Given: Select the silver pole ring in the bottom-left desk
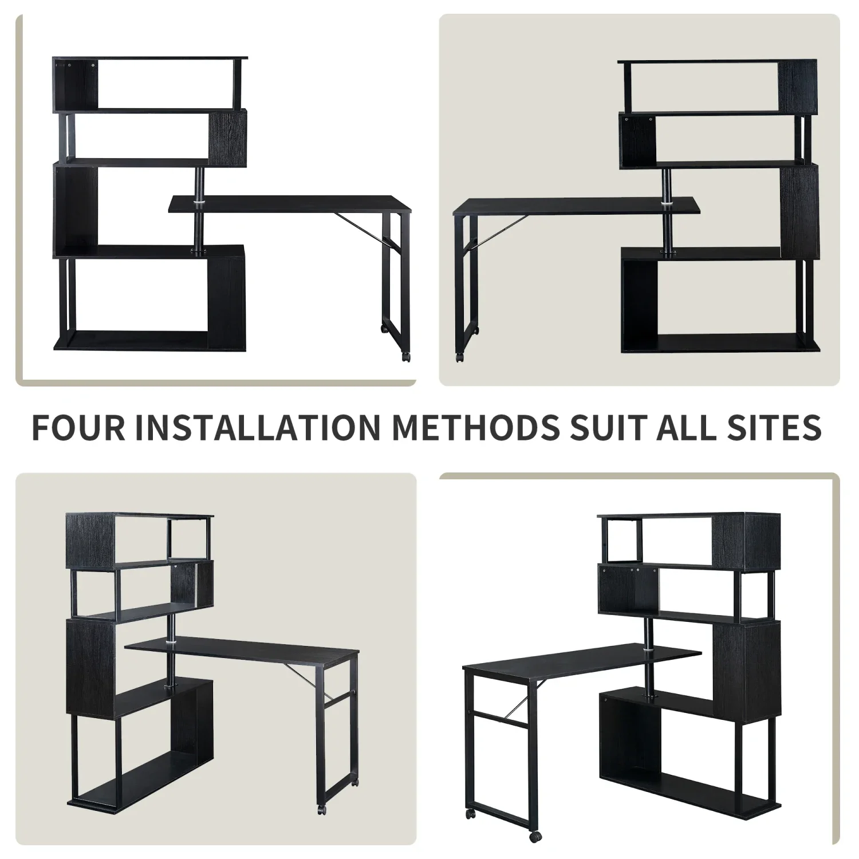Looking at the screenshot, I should tap(170, 644).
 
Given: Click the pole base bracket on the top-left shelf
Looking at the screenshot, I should tap(199, 250).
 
